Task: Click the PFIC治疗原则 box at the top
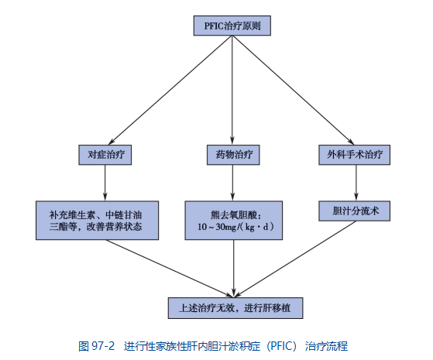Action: click(x=232, y=26)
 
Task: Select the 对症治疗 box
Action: click(x=105, y=155)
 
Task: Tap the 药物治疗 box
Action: click(x=233, y=155)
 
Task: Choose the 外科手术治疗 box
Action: click(x=354, y=155)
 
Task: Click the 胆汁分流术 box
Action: click(x=354, y=211)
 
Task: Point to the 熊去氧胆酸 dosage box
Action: click(x=234, y=221)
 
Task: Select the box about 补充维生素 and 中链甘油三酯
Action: click(x=97, y=221)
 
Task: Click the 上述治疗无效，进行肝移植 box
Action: click(x=235, y=308)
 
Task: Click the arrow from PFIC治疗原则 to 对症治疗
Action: click(x=170, y=90)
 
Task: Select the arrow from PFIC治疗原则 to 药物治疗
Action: click(x=232, y=90)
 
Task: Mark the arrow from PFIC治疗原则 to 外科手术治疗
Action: click(x=294, y=90)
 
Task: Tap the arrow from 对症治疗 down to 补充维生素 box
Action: click(x=105, y=183)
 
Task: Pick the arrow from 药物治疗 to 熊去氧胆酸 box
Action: click(x=233, y=183)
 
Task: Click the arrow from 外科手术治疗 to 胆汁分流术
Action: click(x=356, y=183)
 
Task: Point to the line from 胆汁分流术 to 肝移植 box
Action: click(x=295, y=259)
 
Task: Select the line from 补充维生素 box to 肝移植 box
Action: click(x=170, y=269)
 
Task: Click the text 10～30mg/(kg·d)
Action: click(x=235, y=227)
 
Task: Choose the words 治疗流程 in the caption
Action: click(x=326, y=346)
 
